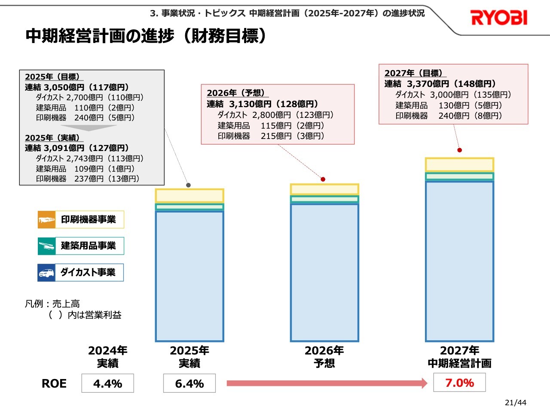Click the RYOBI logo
[499, 18]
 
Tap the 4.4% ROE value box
[107, 383]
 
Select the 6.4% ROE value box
[189, 383]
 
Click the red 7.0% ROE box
[459, 382]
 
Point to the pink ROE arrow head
[424, 383]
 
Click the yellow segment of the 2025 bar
[189, 196]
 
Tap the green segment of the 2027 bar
[459, 176]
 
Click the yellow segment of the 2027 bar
[459, 165]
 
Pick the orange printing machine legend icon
[46, 220]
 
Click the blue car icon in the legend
[46, 272]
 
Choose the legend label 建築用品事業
[88, 246]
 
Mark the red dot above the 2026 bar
[323, 179]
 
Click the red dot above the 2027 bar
[459, 150]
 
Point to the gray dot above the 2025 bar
[188, 185]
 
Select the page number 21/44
[515, 403]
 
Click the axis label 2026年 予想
[324, 357]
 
